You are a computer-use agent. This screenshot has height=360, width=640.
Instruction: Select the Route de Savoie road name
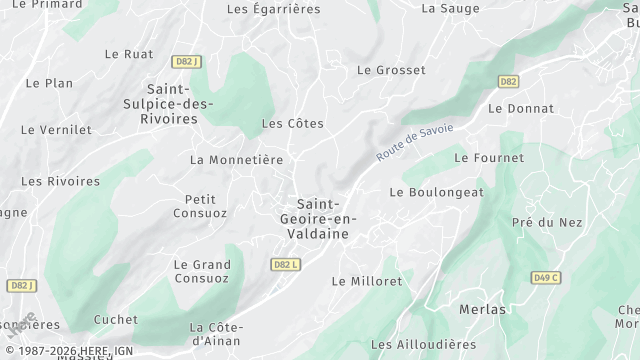415,143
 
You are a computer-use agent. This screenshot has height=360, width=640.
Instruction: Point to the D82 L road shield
285,265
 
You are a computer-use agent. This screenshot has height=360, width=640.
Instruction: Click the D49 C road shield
547,277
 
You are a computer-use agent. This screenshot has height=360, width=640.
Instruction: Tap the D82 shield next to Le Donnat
509,81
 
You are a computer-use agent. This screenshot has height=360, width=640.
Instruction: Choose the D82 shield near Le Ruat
184,61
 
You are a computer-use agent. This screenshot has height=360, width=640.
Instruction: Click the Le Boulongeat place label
436,192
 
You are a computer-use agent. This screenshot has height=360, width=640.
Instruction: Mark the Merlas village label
482,309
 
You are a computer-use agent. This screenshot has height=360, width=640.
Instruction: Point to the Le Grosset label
391,70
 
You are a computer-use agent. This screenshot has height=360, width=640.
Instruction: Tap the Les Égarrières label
273,9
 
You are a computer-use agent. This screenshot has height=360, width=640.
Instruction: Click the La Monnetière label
236,159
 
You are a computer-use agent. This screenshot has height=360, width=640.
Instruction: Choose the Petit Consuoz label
200,206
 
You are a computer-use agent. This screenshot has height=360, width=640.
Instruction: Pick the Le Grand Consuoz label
202,271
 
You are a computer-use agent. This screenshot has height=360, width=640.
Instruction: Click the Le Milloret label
366,281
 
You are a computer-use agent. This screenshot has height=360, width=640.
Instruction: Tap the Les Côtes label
292,123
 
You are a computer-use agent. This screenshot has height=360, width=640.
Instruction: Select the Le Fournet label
488,157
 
